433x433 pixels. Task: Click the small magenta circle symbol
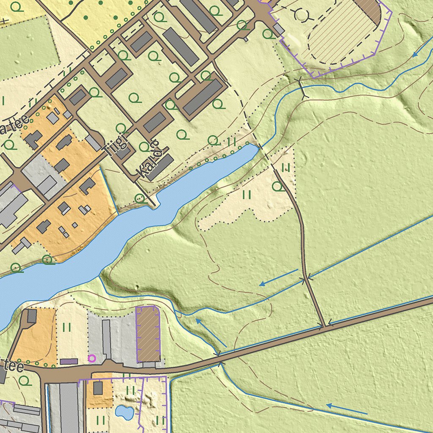tap(92, 358)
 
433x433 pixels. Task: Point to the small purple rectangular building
tap(69, 362)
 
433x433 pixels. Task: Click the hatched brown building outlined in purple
tap(148, 334)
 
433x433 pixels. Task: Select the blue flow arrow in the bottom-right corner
tap(347, 409)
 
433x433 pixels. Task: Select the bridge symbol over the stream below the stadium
tap(301, 89)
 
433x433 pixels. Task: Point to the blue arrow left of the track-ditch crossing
tap(279, 277)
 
